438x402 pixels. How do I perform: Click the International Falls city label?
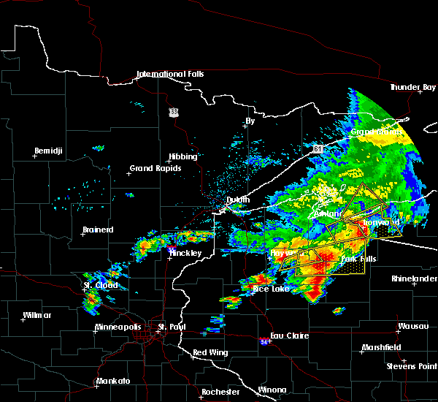[x=170, y=75]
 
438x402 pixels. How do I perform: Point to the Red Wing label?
[x=208, y=353]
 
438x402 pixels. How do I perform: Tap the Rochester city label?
[x=220, y=392]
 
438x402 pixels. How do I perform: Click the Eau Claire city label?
[x=290, y=335]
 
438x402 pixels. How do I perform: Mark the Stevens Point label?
[x=412, y=365]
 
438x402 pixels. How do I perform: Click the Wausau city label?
[x=412, y=326]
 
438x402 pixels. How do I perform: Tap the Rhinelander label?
[x=414, y=278]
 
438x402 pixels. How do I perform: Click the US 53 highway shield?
[x=173, y=112]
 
